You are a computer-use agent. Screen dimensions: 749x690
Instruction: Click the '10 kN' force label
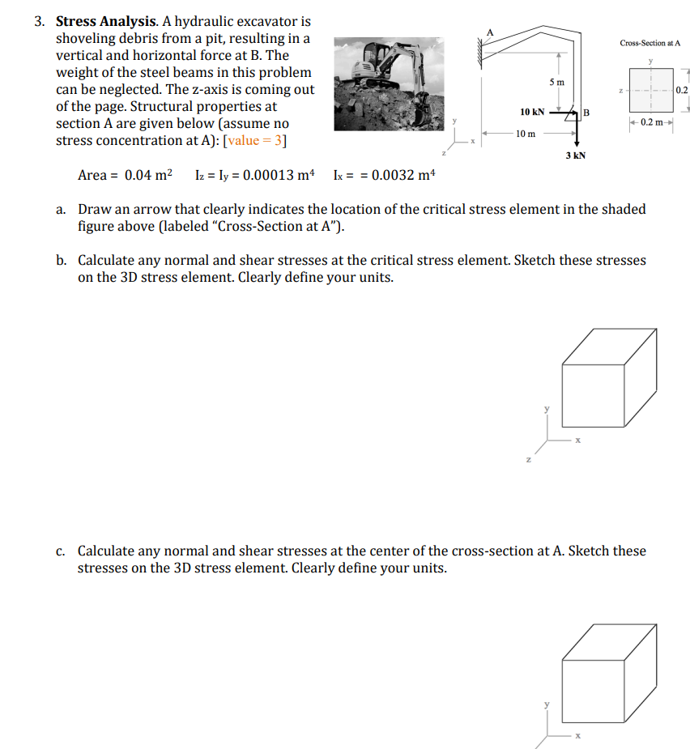(x=532, y=112)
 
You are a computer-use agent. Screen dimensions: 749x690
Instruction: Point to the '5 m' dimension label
(x=557, y=83)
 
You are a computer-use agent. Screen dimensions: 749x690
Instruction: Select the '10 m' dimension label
(x=525, y=133)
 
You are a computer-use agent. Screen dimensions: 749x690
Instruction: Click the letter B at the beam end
(x=587, y=112)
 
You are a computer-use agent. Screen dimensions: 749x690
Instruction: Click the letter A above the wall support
(x=489, y=31)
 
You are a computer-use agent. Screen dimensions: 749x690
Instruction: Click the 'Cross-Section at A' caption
(x=650, y=42)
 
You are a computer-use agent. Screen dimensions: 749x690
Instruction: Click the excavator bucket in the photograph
(x=422, y=109)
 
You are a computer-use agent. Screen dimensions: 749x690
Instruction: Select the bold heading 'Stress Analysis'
(x=103, y=22)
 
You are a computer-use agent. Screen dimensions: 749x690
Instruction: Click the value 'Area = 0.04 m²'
(x=126, y=175)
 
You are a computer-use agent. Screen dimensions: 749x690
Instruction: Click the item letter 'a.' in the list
(x=62, y=210)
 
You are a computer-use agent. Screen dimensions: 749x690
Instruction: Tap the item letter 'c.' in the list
(x=62, y=551)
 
